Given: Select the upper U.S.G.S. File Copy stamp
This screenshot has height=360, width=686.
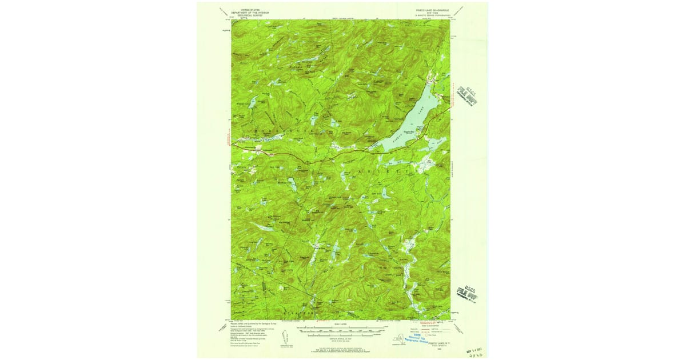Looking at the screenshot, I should coord(466,95).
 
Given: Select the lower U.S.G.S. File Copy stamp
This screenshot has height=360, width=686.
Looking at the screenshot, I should coord(467,294).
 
